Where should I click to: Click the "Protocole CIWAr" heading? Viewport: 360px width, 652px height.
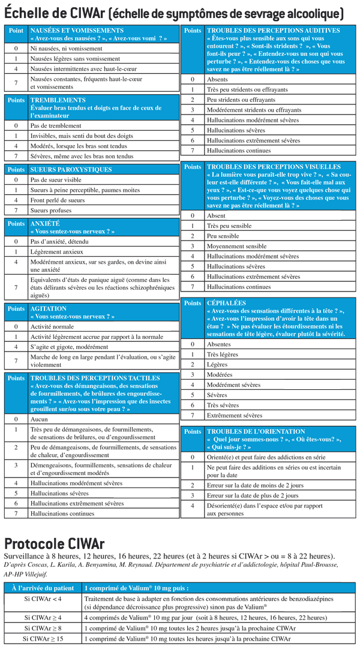[x=55, y=543]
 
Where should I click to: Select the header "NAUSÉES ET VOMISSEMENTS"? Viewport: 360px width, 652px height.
[x=77, y=30]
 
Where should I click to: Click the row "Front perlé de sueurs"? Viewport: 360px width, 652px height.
[x=57, y=200]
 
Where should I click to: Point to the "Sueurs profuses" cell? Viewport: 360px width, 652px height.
[x=50, y=211]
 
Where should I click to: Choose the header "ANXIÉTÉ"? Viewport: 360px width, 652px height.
[x=45, y=224]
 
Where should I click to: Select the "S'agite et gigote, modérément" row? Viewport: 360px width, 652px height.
[x=69, y=347]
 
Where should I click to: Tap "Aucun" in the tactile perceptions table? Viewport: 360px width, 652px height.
[x=38, y=419]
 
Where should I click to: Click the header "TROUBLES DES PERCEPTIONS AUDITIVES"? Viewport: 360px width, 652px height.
[x=273, y=30]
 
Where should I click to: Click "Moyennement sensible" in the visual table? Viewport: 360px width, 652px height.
[x=236, y=246]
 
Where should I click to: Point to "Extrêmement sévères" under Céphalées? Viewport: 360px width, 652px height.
[x=234, y=415]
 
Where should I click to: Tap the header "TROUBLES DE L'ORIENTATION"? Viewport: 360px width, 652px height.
[x=256, y=431]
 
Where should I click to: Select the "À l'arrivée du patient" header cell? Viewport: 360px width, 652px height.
[x=42, y=588]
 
